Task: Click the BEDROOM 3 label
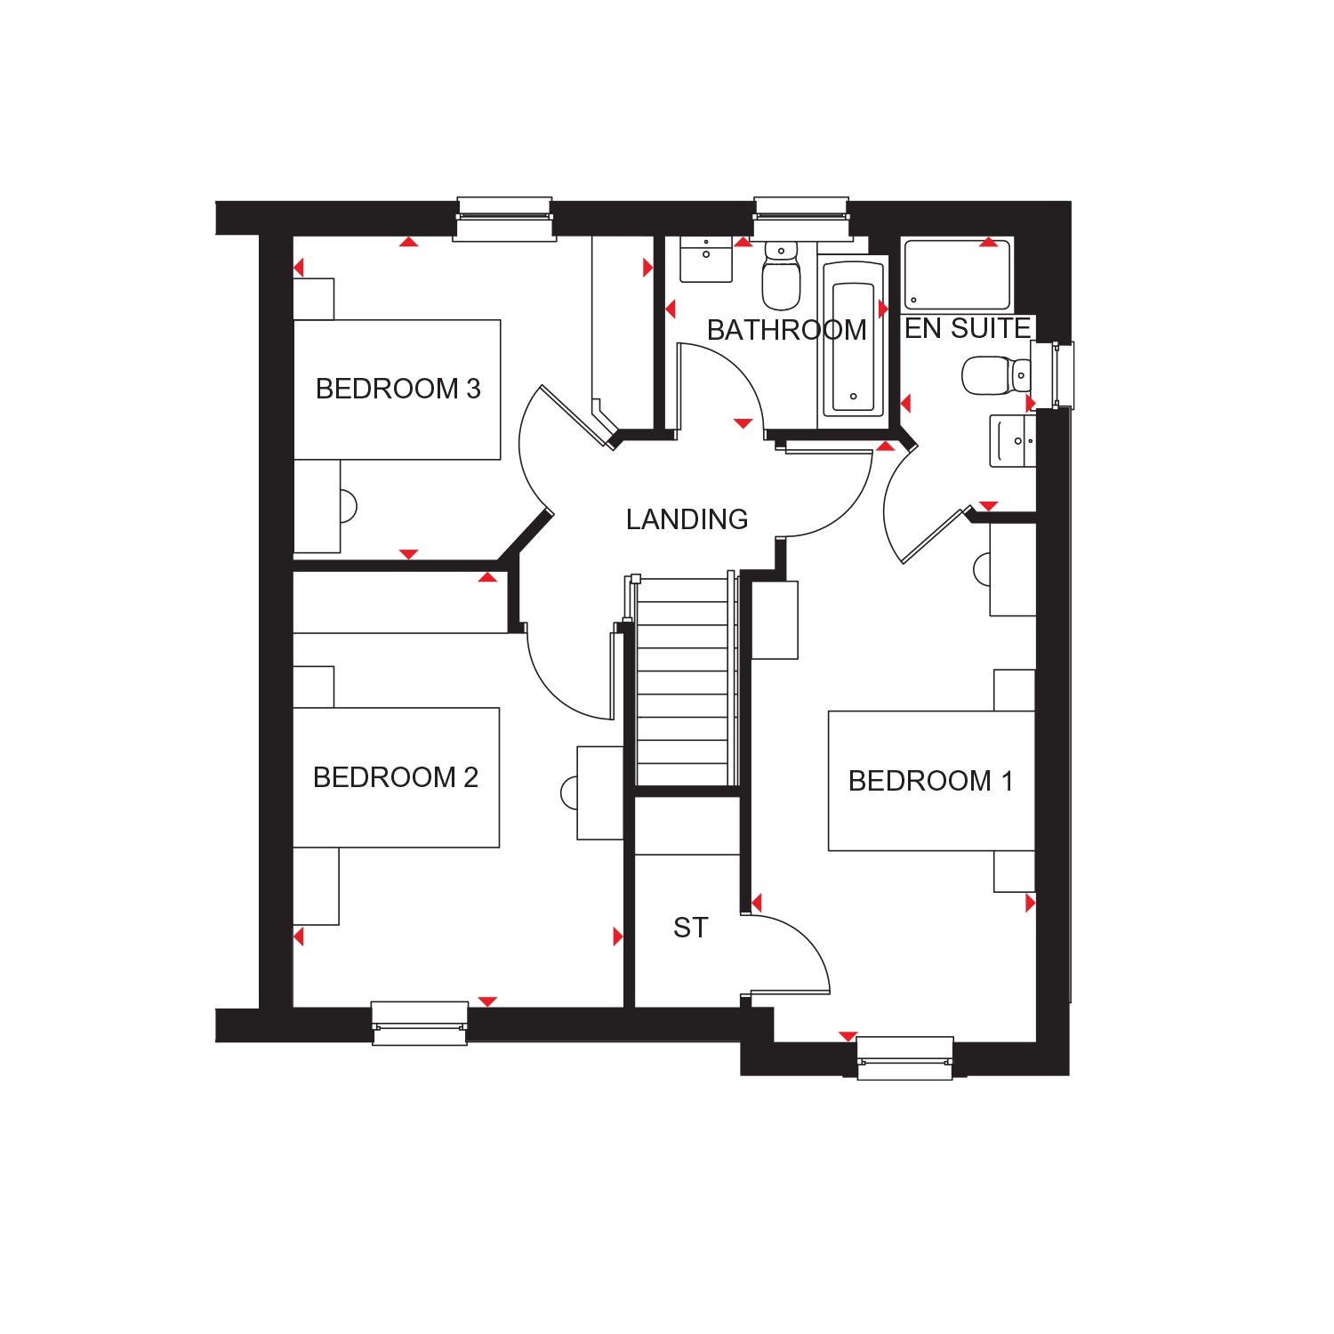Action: [398, 389]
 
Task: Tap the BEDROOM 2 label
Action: [396, 777]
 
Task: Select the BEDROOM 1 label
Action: [930, 781]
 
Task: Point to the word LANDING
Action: [687, 519]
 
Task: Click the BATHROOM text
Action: [786, 330]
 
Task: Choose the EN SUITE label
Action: [968, 328]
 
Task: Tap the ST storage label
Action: [691, 928]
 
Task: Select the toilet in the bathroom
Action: [781, 273]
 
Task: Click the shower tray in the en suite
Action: [957, 274]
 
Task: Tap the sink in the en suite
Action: [1013, 440]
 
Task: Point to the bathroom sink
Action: [706, 259]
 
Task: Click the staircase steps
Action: [683, 682]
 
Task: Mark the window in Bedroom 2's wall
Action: [419, 1023]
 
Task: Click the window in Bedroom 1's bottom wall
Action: [904, 1058]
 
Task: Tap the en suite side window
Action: [1054, 375]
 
